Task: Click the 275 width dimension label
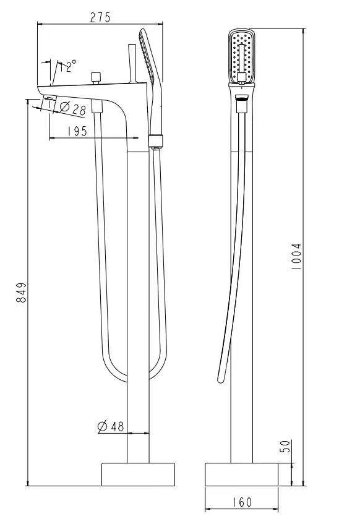tap(100, 17)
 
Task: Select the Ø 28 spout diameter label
tap(72, 108)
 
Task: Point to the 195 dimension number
tap(77, 131)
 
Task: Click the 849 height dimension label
tap(21, 293)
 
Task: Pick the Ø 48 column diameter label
tap(111, 426)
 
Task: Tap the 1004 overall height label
tap(296, 256)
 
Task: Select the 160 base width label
tap(241, 502)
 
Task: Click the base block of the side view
tap(138, 475)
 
